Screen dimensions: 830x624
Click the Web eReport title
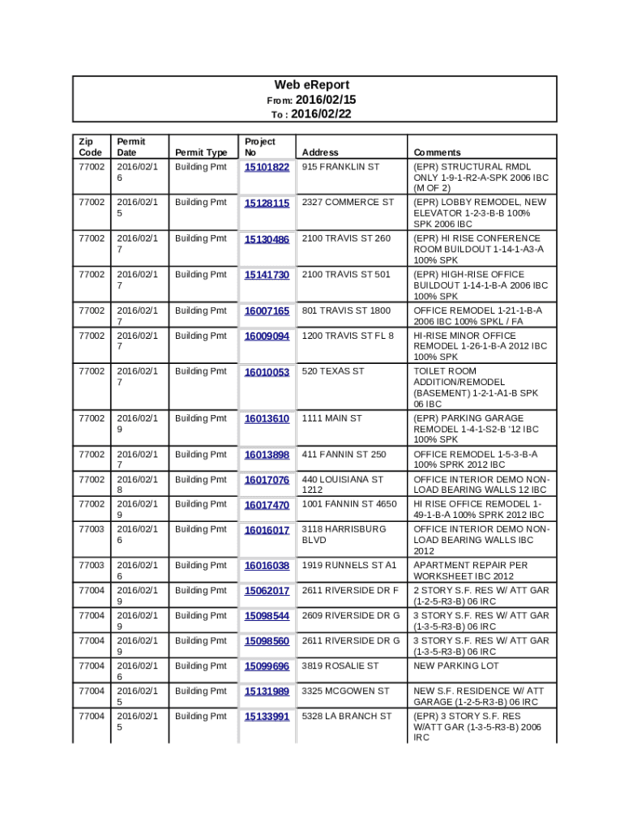[311, 85]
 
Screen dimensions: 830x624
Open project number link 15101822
[267, 167]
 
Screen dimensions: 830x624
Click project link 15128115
[267, 203]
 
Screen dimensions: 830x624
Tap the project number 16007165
[267, 311]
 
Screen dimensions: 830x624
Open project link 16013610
[267, 419]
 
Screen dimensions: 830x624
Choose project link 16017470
[267, 505]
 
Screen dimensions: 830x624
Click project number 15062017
[267, 591]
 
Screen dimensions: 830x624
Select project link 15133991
[267, 717]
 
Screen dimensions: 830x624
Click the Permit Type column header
[201, 152]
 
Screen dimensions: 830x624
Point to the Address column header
[320, 152]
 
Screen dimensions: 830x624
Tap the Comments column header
[437, 152]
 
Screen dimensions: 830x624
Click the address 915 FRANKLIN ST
[340, 167]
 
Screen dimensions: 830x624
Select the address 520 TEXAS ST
[333, 371]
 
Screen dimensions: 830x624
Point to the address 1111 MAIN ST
[331, 418]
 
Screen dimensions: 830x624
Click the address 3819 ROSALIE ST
[340, 666]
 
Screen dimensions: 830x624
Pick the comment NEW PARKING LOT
[455, 666]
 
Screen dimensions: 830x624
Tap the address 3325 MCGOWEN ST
[345, 691]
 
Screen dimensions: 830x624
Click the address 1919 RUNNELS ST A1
[349, 565]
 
